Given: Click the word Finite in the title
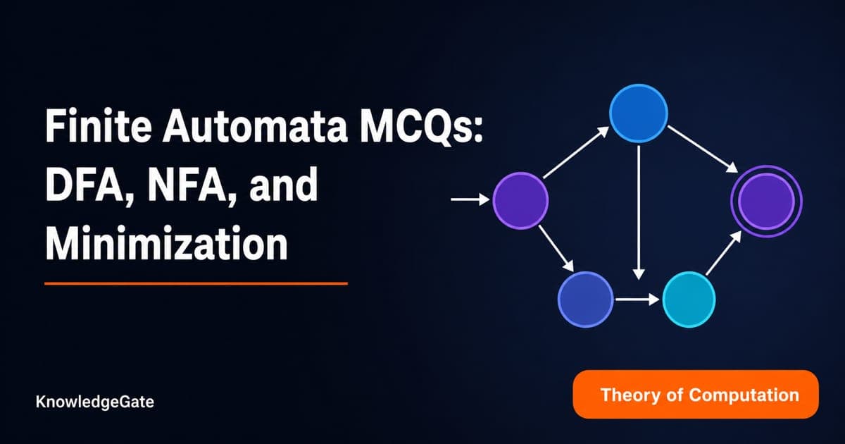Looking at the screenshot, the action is click(99, 125).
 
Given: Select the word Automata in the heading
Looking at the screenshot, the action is click(255, 125).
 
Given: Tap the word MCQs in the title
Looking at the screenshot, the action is click(416, 126).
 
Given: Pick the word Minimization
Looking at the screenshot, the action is click(166, 243).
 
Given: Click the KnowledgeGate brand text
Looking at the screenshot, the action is click(94, 402).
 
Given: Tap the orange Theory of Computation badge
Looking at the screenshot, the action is click(696, 395).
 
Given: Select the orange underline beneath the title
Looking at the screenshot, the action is click(196, 283).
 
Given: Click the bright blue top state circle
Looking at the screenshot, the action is click(639, 113).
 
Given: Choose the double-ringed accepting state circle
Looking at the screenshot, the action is click(766, 202).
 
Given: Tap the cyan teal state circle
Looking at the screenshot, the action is click(689, 300).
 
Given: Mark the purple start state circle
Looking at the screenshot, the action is click(520, 200).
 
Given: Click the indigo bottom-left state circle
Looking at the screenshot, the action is click(585, 300).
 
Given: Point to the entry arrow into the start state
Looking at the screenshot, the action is click(470, 199).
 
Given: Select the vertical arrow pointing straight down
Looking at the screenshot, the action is click(638, 213).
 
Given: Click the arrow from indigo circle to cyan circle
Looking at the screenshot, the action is click(637, 300).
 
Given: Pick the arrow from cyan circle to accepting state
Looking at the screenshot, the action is click(724, 253).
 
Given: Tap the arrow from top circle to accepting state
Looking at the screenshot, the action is click(703, 149).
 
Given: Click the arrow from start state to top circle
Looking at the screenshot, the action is click(576, 152).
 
